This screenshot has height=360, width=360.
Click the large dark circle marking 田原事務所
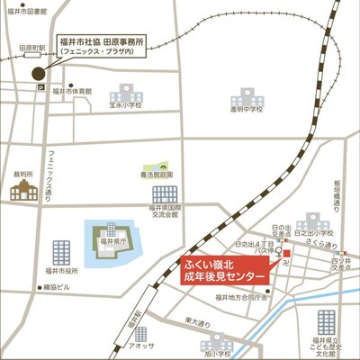(38, 73)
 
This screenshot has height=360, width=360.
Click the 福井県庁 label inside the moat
(112, 241)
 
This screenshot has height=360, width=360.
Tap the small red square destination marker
(286, 254)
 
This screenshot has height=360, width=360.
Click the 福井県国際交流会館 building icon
(165, 193)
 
